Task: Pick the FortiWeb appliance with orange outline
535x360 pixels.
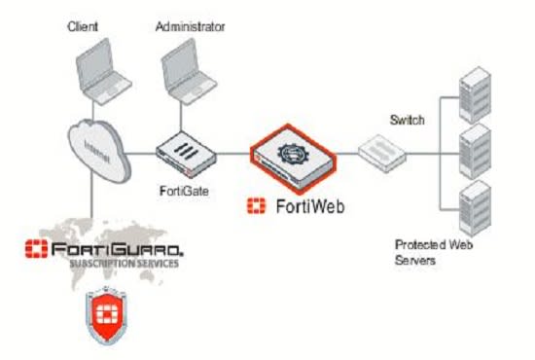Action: point(295,154)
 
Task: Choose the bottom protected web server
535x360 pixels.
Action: point(473,203)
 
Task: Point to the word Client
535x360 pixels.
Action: point(83,26)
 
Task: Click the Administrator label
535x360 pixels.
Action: point(190,26)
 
